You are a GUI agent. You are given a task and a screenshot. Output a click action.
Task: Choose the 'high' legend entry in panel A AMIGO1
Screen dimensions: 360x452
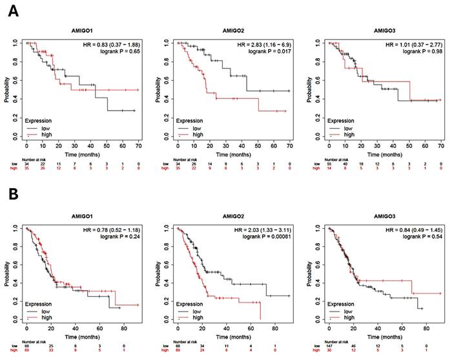43,134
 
